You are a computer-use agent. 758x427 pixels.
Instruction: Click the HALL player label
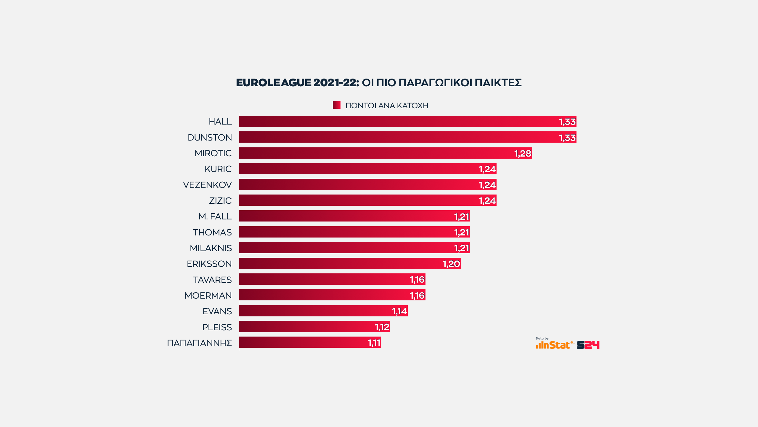coord(220,122)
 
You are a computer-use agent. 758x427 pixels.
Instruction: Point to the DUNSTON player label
coord(210,138)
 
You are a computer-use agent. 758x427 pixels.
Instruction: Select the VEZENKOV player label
coord(207,185)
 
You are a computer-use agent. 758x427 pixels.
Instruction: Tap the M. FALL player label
coord(215,216)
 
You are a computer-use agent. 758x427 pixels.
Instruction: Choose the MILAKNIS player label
coord(211,248)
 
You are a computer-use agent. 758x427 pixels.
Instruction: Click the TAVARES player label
coord(212,280)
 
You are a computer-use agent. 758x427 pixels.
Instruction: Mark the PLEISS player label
coord(217,327)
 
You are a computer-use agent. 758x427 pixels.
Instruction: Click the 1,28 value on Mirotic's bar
coord(523,154)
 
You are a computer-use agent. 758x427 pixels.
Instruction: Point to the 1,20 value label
coord(451,264)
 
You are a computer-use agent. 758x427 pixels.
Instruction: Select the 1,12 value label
coord(382,327)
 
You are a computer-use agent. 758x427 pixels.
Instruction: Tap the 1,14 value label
coord(399,311)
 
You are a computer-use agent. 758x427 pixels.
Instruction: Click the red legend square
coord(336,105)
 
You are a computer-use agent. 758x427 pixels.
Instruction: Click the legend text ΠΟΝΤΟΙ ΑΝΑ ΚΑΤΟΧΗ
coord(387,106)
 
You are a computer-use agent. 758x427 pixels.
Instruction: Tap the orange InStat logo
coord(553,345)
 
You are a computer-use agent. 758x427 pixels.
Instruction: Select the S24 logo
coord(588,345)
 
